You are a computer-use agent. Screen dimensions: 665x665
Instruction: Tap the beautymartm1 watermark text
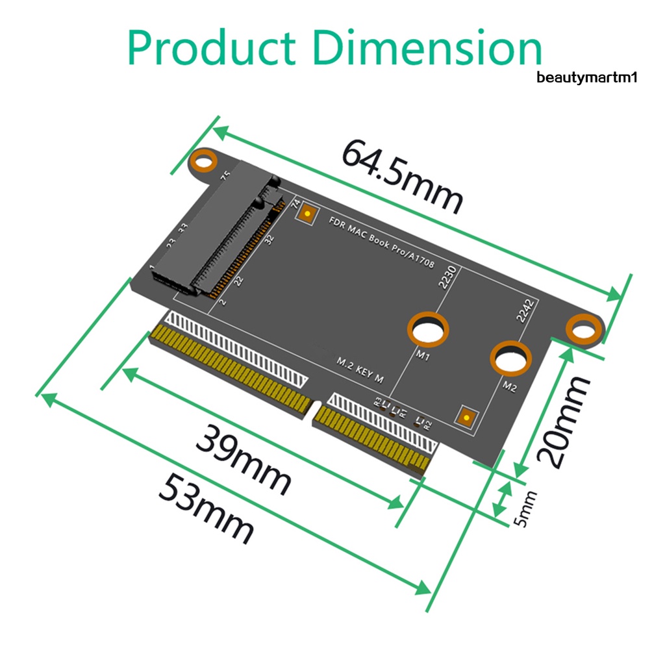click(588, 78)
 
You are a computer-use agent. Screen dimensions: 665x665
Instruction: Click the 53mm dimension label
click(207, 508)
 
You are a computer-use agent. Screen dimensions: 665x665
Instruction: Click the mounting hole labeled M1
click(429, 330)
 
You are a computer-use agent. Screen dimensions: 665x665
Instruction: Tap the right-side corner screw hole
click(583, 329)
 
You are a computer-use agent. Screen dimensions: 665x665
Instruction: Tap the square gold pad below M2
click(466, 416)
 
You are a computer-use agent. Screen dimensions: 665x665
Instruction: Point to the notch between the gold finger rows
click(315, 412)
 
